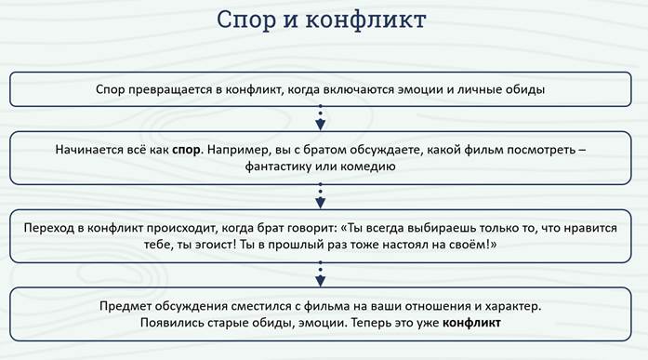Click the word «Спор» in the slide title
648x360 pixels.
point(245,20)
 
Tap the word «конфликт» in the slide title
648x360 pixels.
point(366,20)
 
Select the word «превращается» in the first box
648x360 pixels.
point(170,89)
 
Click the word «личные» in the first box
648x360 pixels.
point(479,89)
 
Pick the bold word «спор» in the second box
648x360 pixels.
point(186,150)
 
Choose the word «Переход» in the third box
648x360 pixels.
point(48,228)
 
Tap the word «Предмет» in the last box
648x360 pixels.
point(124,307)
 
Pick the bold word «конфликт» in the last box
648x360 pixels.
point(471,323)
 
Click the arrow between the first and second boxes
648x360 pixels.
point(320,118)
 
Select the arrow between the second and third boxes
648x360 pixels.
point(320,196)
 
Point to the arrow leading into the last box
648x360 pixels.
point(320,274)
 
